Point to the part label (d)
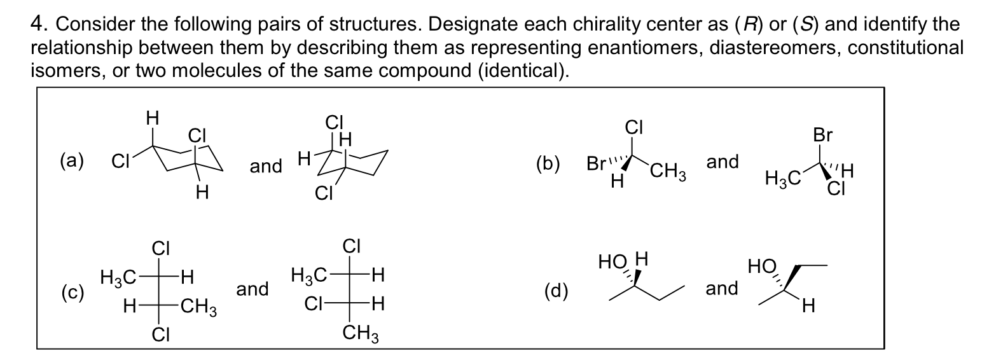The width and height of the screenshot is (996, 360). coord(557,291)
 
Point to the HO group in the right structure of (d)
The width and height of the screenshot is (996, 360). coord(761,264)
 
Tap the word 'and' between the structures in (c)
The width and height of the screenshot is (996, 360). coord(252,289)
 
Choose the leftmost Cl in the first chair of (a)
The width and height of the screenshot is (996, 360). coord(119,163)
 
